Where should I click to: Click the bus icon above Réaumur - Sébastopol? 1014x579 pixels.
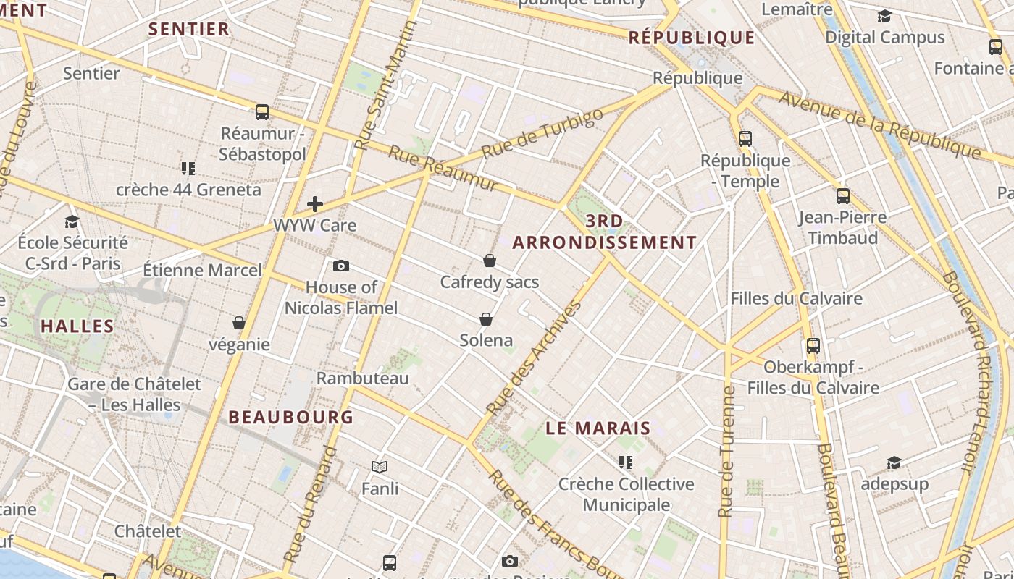(x=262, y=112)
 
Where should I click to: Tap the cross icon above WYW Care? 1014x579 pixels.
(x=315, y=204)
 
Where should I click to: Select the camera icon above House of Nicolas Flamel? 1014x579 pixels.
(x=341, y=266)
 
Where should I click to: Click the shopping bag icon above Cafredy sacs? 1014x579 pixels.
(x=490, y=261)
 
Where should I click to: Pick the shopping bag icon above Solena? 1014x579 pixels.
(x=486, y=319)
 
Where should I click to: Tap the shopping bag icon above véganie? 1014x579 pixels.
(x=239, y=323)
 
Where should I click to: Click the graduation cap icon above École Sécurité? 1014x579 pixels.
(x=72, y=221)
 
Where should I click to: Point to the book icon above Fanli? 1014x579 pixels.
(x=380, y=468)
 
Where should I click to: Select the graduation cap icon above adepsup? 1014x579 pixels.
(x=894, y=462)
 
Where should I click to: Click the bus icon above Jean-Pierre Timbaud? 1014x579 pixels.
(x=842, y=195)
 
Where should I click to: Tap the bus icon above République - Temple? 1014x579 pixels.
(x=745, y=138)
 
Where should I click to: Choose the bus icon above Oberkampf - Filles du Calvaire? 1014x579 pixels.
(x=813, y=346)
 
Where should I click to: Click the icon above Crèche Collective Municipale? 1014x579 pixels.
(x=626, y=462)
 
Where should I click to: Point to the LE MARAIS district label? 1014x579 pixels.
(x=598, y=428)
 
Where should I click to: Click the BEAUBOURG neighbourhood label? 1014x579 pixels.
(x=291, y=417)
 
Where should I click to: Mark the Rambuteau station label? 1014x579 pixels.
(x=363, y=378)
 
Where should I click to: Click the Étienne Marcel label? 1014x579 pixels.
(x=202, y=270)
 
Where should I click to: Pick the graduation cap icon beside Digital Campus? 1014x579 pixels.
(x=884, y=16)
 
